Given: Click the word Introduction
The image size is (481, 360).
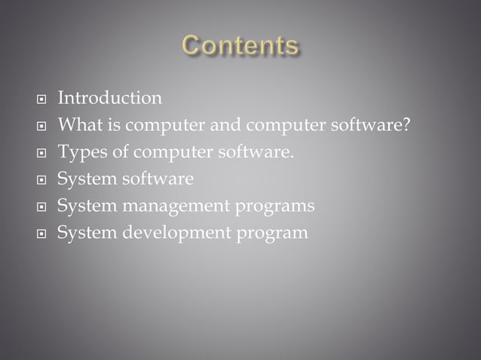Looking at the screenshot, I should (x=109, y=98).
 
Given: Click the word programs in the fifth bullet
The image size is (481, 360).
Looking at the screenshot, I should (x=275, y=206).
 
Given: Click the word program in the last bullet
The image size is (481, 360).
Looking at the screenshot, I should (x=272, y=233).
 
